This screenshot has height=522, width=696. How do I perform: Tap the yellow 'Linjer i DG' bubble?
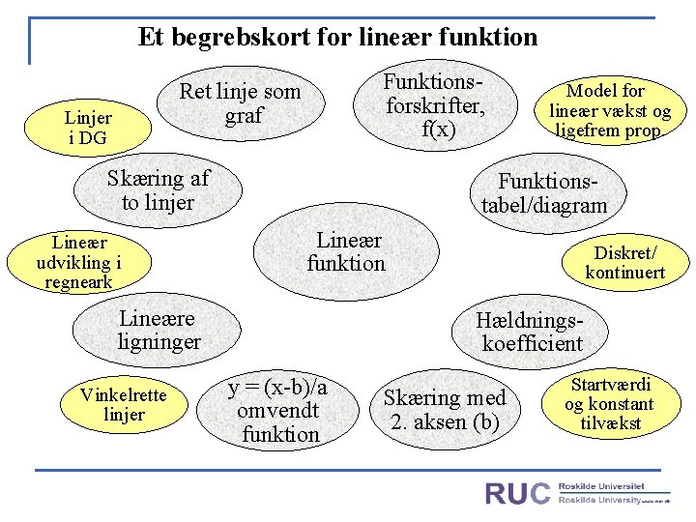pyautogui.click(x=88, y=128)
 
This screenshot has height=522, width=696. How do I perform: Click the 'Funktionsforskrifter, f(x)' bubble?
pyautogui.click(x=434, y=104)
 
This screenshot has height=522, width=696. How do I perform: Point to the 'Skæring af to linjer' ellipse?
pyautogui.click(x=159, y=190)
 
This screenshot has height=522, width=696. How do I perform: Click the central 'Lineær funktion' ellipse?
pyautogui.click(x=346, y=252)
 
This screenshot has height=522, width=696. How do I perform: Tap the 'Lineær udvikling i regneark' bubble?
pyautogui.click(x=79, y=262)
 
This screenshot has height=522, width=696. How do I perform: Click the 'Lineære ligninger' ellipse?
pyautogui.click(x=159, y=330)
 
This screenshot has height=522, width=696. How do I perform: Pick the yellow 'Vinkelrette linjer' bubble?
pyautogui.click(x=124, y=405)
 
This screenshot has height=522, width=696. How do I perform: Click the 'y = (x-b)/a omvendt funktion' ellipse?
pyautogui.click(x=278, y=411)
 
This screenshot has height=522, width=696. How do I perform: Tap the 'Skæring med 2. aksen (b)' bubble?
pyautogui.click(x=444, y=410)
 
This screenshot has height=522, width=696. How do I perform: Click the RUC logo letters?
pyautogui.click(x=517, y=494)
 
